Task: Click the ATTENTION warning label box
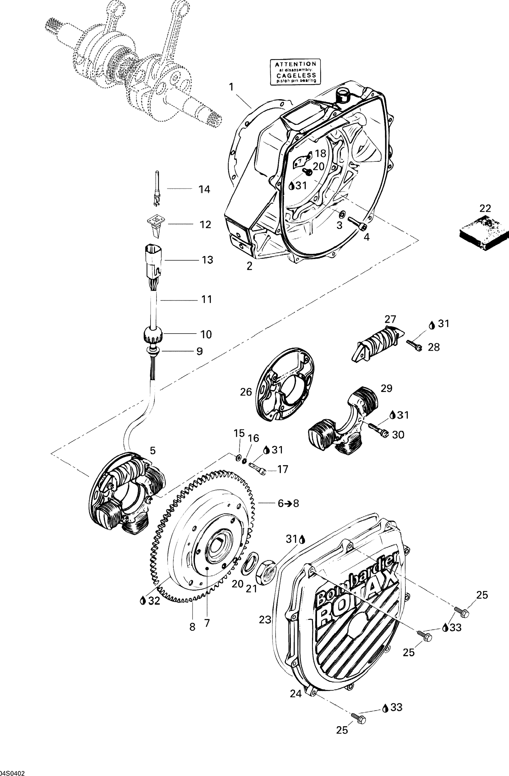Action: point(295,72)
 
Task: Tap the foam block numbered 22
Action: point(484,232)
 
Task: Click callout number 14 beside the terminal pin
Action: point(204,189)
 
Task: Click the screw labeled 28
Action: point(414,344)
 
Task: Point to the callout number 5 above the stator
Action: point(152,451)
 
